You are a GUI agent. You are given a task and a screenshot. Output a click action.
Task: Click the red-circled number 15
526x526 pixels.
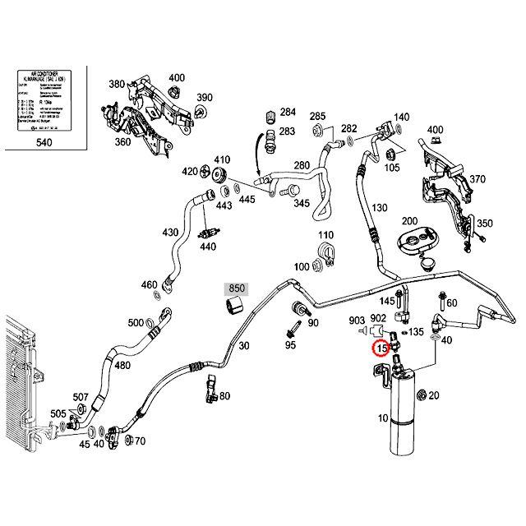pyautogui.click(x=381, y=348)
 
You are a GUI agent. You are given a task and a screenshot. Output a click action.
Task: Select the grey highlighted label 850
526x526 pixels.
pyautogui.click(x=237, y=289)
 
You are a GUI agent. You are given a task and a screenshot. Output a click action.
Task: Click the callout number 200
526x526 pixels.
pyautogui.click(x=408, y=222)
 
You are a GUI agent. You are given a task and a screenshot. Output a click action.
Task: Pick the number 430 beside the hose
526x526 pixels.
pyautogui.click(x=170, y=233)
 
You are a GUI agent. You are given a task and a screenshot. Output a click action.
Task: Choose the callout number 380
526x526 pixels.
pyautogui.click(x=117, y=85)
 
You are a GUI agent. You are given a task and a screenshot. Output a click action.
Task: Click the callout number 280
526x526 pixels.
pyautogui.click(x=302, y=166)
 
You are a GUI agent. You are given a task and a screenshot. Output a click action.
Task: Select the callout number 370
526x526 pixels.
pyautogui.click(x=478, y=180)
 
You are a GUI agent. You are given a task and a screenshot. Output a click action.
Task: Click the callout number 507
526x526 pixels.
pyautogui.click(x=81, y=398)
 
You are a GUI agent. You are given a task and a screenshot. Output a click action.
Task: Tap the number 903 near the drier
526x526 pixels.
pyautogui.click(x=357, y=321)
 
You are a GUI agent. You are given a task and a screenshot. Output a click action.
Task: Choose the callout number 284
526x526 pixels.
pyautogui.click(x=288, y=112)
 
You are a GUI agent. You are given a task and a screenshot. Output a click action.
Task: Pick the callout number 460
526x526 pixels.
pyautogui.click(x=149, y=285)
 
